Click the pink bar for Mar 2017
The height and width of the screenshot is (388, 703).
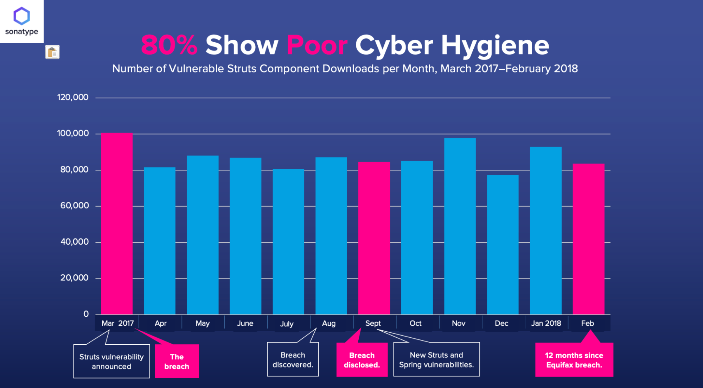(117, 224)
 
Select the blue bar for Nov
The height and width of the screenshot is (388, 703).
(460, 226)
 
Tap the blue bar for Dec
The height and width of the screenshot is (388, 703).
(503, 245)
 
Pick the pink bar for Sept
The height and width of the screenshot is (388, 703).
(374, 238)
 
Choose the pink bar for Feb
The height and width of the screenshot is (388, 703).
(588, 239)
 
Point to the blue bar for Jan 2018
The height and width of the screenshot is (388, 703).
(545, 231)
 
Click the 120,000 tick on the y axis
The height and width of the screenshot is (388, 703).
(73, 98)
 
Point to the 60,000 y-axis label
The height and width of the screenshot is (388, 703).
(75, 206)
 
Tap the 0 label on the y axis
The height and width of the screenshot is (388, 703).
(86, 314)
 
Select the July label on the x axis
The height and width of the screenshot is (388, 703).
(287, 324)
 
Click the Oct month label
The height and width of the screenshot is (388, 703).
(415, 323)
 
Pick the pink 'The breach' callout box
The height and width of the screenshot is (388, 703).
(177, 361)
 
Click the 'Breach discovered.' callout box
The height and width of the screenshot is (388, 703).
(293, 360)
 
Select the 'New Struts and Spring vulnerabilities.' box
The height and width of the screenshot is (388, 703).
(436, 360)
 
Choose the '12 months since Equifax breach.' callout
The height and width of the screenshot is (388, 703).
(574, 360)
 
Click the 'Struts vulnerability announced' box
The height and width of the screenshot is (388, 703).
(111, 361)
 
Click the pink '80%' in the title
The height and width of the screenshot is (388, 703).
(169, 45)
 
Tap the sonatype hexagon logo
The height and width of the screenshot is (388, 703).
(21, 16)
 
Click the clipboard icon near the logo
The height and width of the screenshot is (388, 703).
(52, 52)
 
